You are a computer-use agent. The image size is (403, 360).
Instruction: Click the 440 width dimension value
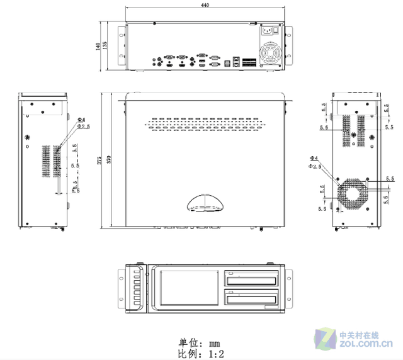(205, 5)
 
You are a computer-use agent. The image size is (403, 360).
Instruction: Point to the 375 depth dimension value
(99, 160)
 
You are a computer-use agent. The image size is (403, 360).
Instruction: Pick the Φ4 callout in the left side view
(81, 119)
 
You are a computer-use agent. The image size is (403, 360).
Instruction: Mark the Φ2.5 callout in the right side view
(315, 166)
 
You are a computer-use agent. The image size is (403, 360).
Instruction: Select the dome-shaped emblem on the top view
(206, 203)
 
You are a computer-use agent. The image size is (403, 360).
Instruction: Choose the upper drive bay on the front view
(252, 279)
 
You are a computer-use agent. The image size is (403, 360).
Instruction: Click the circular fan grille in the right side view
(353, 191)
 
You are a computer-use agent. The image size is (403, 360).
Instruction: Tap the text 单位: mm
(200, 343)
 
